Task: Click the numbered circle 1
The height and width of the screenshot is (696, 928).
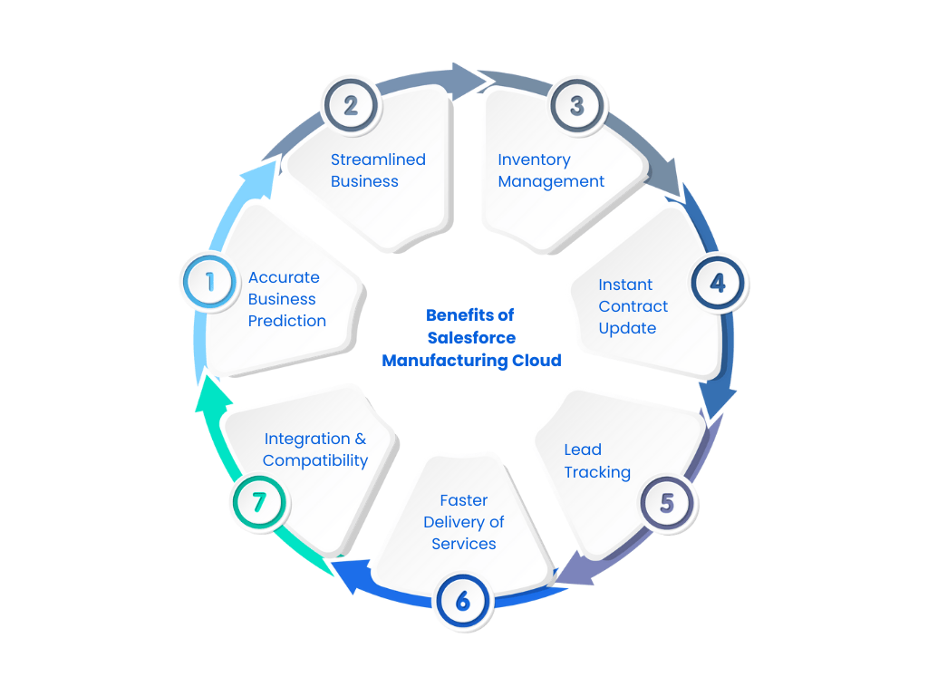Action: tap(209, 281)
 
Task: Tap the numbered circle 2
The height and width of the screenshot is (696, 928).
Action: tap(351, 105)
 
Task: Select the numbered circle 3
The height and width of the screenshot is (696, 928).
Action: tap(577, 105)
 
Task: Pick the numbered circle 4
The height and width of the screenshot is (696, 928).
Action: tap(718, 283)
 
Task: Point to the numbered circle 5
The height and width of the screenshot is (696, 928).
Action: tap(667, 502)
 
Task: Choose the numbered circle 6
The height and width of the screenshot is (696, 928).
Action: tap(463, 600)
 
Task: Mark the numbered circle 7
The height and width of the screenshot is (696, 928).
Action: tap(259, 501)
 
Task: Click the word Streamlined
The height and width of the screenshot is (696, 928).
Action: tap(378, 159)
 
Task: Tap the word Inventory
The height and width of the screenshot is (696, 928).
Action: tap(534, 159)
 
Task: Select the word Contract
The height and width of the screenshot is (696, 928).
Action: tap(633, 306)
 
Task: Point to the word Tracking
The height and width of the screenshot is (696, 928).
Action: tap(597, 472)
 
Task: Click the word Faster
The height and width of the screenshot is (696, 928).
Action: tap(464, 500)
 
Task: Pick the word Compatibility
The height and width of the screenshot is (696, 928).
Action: tap(315, 460)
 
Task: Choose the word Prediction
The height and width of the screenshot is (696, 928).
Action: tap(287, 321)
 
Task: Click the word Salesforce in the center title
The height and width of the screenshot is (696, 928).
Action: tap(471, 338)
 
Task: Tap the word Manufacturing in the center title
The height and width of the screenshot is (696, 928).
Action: tap(439, 361)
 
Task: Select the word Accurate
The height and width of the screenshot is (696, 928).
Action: tap(284, 277)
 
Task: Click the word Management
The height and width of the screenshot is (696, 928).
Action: tap(551, 181)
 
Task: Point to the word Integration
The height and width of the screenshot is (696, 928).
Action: tap(306, 439)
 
